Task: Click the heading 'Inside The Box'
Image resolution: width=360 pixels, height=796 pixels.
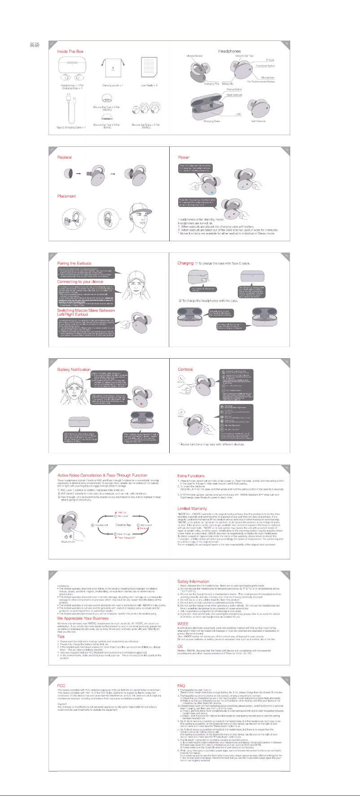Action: click(x=70, y=52)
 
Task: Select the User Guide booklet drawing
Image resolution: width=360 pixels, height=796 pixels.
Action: click(x=149, y=68)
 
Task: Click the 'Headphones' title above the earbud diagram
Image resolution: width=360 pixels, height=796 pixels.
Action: click(x=229, y=51)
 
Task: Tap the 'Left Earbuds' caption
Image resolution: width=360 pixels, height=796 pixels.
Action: click(x=259, y=121)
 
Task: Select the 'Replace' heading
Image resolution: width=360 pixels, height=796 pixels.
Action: click(x=64, y=158)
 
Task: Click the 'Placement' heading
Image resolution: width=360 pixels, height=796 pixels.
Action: click(x=66, y=196)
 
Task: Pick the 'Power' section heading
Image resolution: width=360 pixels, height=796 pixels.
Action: click(x=184, y=158)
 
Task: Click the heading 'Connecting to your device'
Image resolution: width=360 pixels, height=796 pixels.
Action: click(x=80, y=282)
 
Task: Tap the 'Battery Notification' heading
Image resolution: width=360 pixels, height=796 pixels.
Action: click(x=74, y=369)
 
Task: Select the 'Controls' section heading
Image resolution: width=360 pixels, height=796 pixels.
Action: click(x=185, y=369)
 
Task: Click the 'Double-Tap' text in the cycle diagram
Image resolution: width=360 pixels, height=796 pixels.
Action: click(x=123, y=525)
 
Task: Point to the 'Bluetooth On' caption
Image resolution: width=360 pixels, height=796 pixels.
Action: click(x=68, y=542)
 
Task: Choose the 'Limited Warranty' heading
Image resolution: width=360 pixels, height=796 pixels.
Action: click(x=192, y=509)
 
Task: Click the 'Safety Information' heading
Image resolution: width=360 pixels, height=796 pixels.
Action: click(x=193, y=581)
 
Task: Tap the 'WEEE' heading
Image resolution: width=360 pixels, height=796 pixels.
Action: click(x=183, y=624)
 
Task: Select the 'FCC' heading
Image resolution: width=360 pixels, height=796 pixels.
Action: click(x=61, y=686)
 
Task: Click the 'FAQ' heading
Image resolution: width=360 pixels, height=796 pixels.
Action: click(x=181, y=686)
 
